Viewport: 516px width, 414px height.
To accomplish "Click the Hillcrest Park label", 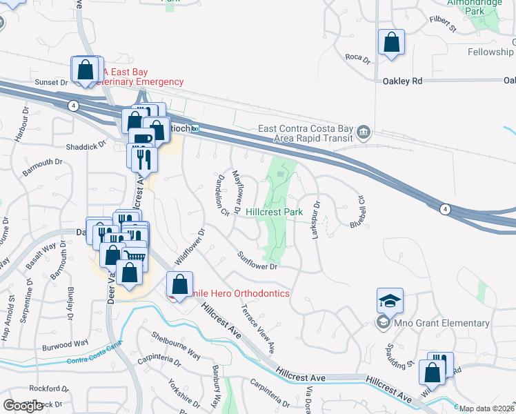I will click(275, 213).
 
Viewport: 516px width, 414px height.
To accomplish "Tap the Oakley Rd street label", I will click(402, 81).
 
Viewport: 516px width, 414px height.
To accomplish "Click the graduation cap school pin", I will click(390, 301).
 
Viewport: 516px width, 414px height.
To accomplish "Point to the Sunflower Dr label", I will click(257, 261).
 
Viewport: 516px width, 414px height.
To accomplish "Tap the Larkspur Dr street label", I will click(316, 220).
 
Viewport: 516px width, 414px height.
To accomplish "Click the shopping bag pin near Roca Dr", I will click(391, 42).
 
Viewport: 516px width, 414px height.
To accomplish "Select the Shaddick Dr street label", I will click(91, 145).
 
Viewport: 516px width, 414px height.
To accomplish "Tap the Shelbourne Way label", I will click(177, 345).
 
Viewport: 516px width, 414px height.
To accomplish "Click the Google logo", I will click(23, 406).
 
